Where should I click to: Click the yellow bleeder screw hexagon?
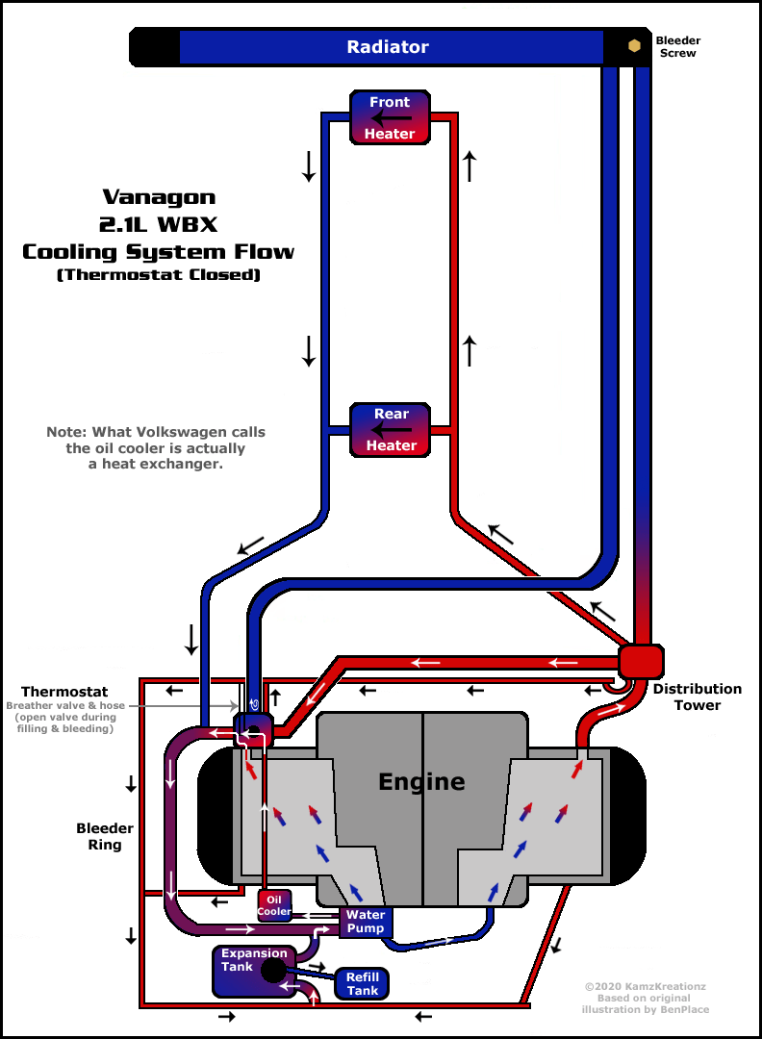click(x=634, y=46)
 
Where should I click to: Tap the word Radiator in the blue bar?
click(x=388, y=47)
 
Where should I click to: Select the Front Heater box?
click(x=391, y=117)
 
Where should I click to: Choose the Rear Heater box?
click(x=391, y=430)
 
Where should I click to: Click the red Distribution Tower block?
click(x=641, y=661)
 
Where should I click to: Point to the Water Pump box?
click(x=366, y=921)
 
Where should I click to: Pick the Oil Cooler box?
click(x=274, y=906)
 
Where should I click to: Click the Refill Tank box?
click(x=362, y=983)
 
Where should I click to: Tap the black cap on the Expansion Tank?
click(x=273, y=971)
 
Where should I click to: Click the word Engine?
click(x=421, y=782)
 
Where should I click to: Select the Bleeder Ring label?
click(x=105, y=836)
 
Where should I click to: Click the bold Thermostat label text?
click(x=64, y=692)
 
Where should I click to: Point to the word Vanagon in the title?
click(x=159, y=197)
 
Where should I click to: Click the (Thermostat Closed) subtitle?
click(x=159, y=274)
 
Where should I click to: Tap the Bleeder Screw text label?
click(x=678, y=46)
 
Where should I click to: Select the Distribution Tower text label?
click(x=698, y=697)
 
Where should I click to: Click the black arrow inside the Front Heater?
click(x=391, y=118)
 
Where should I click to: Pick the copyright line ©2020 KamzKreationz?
click(x=645, y=986)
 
